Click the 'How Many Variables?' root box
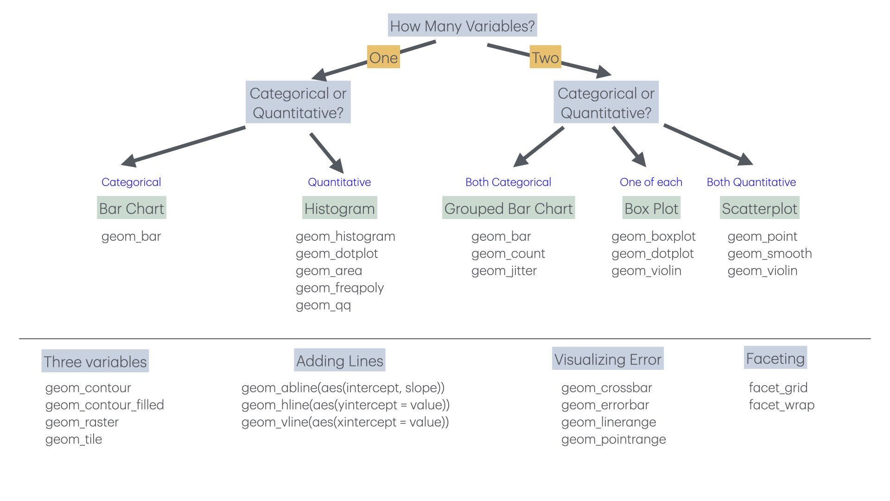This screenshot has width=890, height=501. pyautogui.click(x=462, y=26)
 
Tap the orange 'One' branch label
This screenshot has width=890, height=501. pyautogui.click(x=383, y=57)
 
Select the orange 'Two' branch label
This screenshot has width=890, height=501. pyautogui.click(x=545, y=57)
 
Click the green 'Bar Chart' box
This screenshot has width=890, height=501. pyautogui.click(x=132, y=208)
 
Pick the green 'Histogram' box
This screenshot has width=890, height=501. pyautogui.click(x=339, y=208)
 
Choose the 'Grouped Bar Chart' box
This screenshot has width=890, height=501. pyautogui.click(x=509, y=208)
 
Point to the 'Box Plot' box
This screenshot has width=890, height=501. pyautogui.click(x=651, y=208)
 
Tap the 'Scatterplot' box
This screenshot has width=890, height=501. pyautogui.click(x=760, y=208)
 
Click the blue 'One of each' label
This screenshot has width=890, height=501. pyautogui.click(x=651, y=182)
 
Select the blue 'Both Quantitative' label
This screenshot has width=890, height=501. pyautogui.click(x=751, y=182)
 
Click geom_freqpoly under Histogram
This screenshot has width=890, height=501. pyautogui.click(x=340, y=288)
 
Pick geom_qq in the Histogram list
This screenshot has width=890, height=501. pyautogui.click(x=323, y=305)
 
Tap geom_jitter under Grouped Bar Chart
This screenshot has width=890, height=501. pyautogui.click(x=504, y=270)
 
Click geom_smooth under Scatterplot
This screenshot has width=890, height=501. pyautogui.click(x=769, y=253)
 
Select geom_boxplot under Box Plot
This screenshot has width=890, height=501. pyautogui.click(x=653, y=236)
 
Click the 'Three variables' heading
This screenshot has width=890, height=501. pyautogui.click(x=95, y=361)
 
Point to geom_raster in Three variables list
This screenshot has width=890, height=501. pyautogui.click(x=82, y=422)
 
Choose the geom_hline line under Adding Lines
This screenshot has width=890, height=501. pyautogui.click(x=345, y=405)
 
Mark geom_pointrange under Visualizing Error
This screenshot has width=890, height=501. pyautogui.click(x=613, y=439)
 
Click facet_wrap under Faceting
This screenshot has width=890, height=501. pyautogui.click(x=782, y=405)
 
